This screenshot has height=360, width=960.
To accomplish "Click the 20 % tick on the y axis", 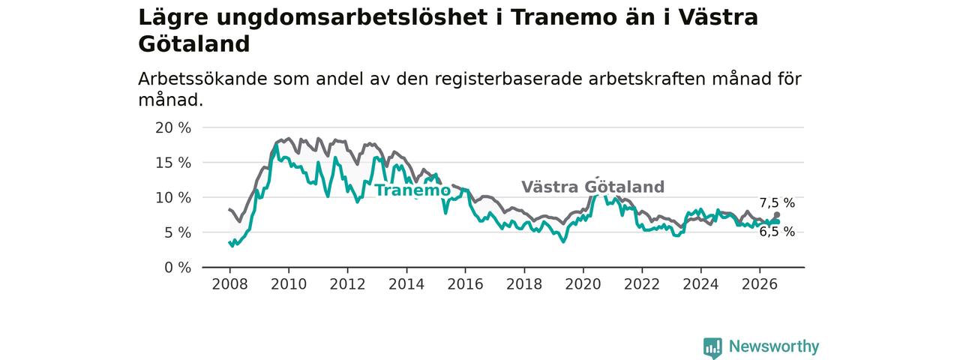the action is (x=173, y=127).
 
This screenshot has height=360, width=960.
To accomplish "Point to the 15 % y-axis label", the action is (x=173, y=163).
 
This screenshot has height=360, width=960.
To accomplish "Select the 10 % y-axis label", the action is (x=173, y=197).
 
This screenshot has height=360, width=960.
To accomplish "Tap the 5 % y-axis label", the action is (x=178, y=232).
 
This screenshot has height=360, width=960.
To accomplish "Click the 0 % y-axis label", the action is (x=178, y=268).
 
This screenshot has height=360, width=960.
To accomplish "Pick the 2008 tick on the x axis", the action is (x=229, y=284).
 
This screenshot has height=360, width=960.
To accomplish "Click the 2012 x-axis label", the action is (x=347, y=284).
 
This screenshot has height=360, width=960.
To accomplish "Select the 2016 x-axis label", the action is (x=466, y=284).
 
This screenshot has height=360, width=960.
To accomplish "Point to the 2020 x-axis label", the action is (x=583, y=284).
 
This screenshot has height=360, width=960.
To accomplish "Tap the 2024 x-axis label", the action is (x=700, y=284).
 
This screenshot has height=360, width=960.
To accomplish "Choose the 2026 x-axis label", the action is (x=760, y=284).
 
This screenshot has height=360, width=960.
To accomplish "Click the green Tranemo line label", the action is (x=412, y=190).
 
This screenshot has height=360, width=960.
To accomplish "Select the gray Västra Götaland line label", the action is (x=593, y=187).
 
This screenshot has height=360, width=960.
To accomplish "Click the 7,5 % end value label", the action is (x=777, y=202).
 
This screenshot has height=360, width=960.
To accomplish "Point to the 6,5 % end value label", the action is (x=777, y=232).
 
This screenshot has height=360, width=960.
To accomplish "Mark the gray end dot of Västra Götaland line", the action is (x=776, y=214).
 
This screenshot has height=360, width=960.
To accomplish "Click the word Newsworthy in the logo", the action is (x=774, y=346).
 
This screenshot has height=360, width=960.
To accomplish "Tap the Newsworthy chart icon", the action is (x=712, y=347).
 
